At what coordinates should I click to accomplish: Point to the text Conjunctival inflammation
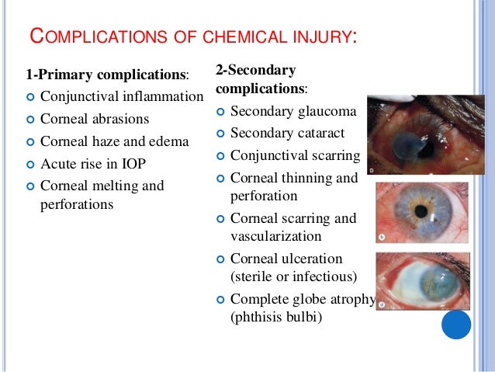(122, 98)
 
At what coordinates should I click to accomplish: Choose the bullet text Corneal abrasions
(95, 120)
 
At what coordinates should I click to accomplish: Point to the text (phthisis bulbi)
(276, 316)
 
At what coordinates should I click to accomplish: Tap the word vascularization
(276, 235)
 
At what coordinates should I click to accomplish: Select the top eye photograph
(417, 135)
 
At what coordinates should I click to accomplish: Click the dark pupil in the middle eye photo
(422, 214)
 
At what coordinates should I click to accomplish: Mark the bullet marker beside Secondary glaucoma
(221, 113)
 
